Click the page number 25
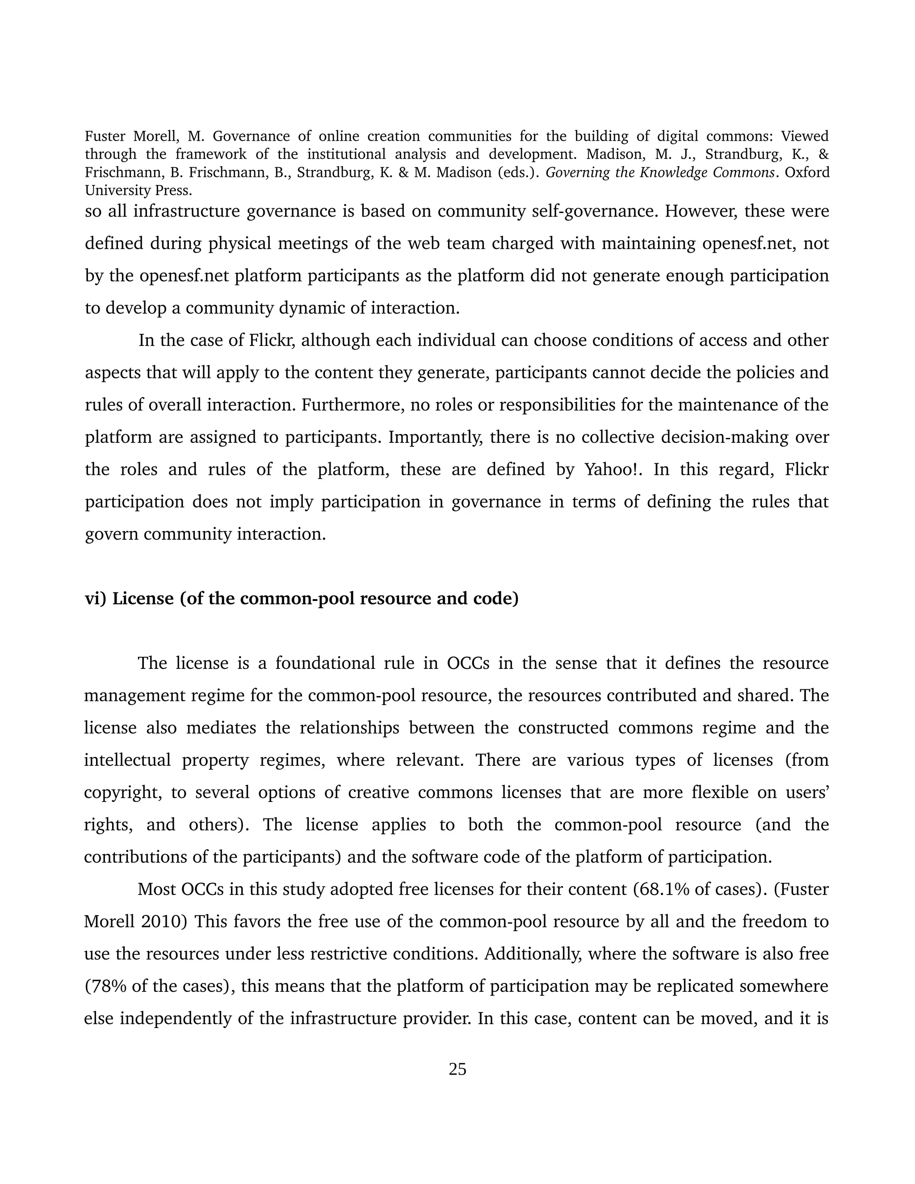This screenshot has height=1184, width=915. point(457,1069)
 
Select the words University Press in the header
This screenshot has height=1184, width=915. point(138,191)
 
